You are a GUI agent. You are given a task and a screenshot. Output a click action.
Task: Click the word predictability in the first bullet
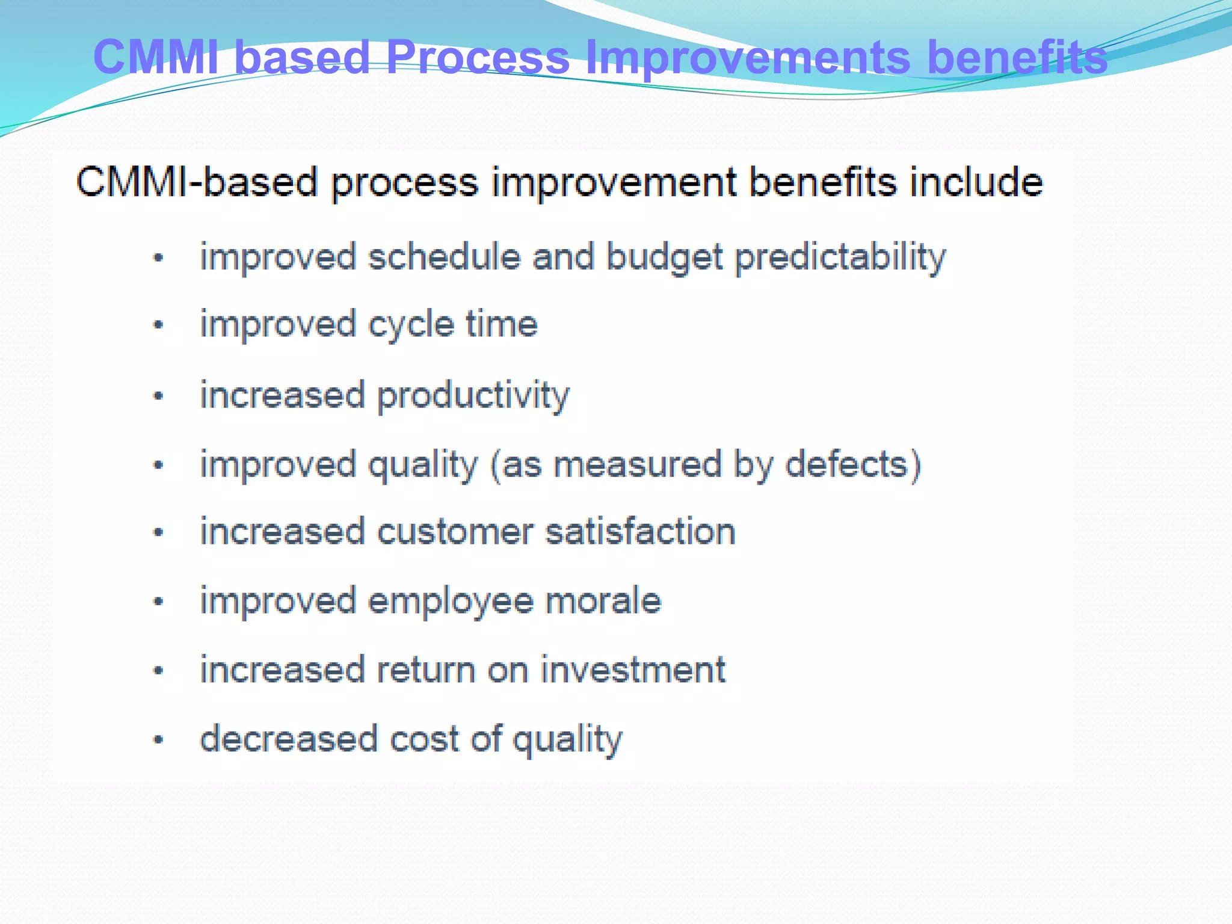840,257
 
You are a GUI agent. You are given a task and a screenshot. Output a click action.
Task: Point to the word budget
664,257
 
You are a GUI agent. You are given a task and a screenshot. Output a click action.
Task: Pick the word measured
637,464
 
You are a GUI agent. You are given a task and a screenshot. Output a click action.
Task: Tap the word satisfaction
640,532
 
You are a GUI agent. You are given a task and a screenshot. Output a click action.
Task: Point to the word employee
451,602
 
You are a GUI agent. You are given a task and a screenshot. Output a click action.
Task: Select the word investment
633,670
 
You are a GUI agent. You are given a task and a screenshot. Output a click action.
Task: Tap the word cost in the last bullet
425,739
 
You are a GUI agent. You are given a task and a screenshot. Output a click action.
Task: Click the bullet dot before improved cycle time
158,325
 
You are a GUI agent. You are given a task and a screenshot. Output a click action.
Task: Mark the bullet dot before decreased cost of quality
158,740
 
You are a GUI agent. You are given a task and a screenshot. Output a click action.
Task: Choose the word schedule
444,257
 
